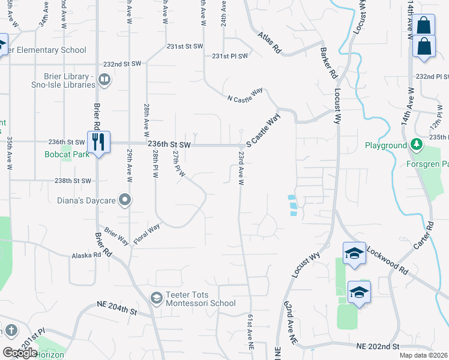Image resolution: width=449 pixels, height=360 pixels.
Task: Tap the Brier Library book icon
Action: (x=104, y=79)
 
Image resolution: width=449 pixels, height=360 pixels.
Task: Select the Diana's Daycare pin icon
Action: (x=125, y=199)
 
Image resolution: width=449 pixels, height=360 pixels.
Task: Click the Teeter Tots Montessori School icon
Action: (x=156, y=298)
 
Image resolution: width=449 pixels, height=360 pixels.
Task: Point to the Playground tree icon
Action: (x=415, y=145)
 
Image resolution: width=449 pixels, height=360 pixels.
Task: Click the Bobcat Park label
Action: (x=66, y=154)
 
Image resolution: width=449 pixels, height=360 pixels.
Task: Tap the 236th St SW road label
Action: (x=169, y=145)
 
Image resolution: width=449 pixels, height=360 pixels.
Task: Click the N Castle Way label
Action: (x=245, y=95)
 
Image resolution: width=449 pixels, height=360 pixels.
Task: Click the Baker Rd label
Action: (x=328, y=65)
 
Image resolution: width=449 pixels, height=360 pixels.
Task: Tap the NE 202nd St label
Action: (x=378, y=347)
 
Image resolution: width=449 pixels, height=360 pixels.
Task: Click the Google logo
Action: (x=20, y=352)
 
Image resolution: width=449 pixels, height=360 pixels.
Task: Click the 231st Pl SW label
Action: (x=230, y=56)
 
